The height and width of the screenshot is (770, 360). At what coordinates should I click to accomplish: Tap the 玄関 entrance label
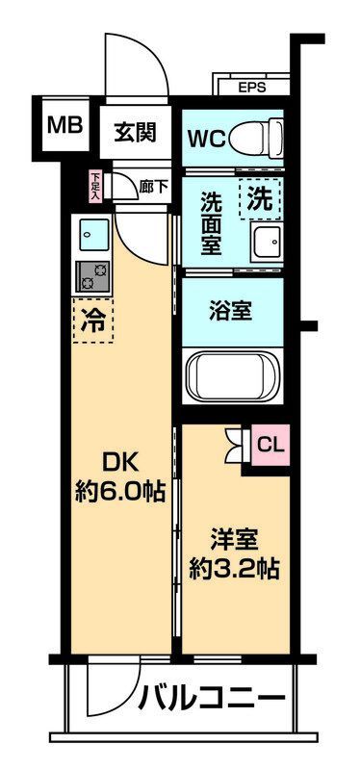(135, 133)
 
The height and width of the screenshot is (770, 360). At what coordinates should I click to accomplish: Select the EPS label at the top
(252, 87)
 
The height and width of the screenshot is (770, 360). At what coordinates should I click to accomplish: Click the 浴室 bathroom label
(232, 311)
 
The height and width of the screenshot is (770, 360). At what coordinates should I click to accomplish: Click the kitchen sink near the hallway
(93, 234)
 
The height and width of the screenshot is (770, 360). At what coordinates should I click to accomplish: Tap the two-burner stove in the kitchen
(93, 275)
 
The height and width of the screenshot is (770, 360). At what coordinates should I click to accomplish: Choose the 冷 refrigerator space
(93, 320)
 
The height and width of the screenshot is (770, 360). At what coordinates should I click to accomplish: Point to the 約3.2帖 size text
(233, 568)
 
